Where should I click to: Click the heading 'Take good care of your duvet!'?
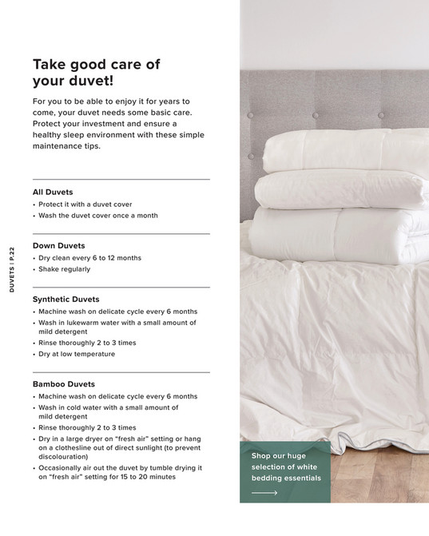click(96, 72)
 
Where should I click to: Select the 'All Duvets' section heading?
click(53, 193)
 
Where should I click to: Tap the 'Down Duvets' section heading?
click(58, 246)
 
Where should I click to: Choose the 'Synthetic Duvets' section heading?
click(66, 300)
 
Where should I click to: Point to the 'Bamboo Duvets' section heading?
click(63, 384)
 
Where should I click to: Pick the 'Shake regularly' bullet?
click(64, 269)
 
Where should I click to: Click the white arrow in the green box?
click(264, 493)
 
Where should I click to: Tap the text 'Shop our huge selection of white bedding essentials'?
click(285, 467)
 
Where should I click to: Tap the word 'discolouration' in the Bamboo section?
click(64, 458)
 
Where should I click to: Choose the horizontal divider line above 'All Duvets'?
click(121, 179)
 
